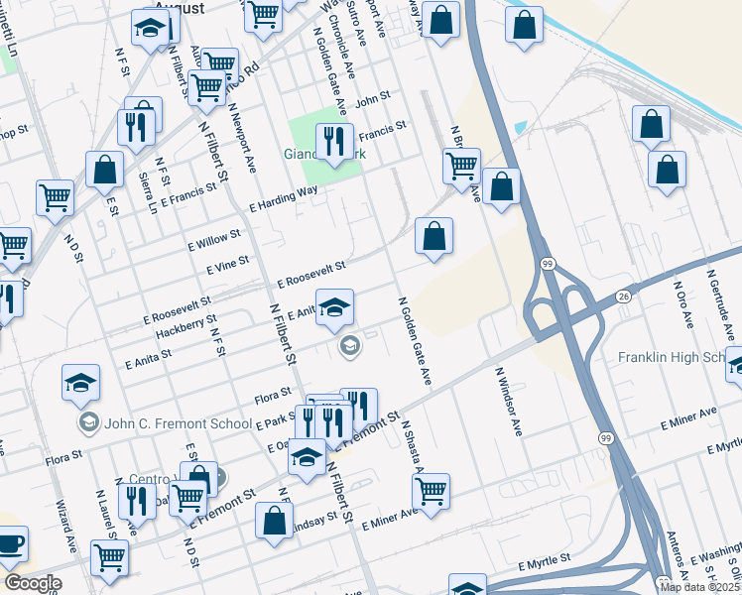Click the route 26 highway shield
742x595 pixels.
623,297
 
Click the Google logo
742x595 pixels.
32,584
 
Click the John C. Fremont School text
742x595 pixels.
176,423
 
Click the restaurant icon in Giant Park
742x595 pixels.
334,141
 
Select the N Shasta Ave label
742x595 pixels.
413,447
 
